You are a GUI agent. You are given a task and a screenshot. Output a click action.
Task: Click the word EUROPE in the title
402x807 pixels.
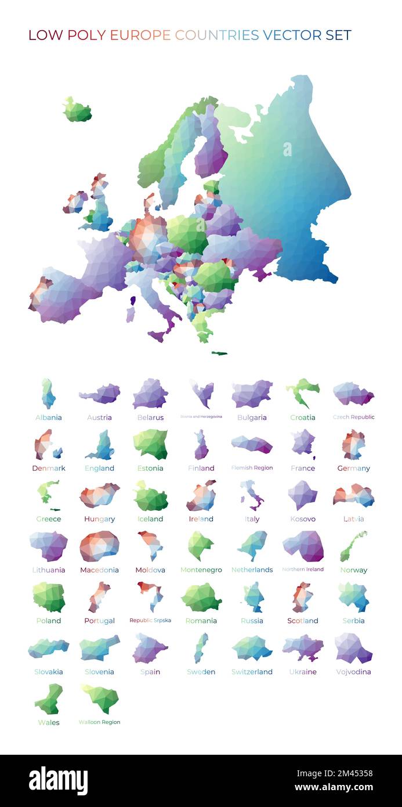[140, 35]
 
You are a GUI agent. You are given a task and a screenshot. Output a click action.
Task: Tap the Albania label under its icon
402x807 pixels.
[49, 417]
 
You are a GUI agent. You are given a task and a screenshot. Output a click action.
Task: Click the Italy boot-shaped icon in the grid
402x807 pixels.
[252, 495]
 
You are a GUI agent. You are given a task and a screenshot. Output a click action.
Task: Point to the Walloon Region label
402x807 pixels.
[100, 722]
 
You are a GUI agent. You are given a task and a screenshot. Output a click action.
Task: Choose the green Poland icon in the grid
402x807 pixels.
[49, 597]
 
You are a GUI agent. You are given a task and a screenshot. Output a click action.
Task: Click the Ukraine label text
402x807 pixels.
[303, 672]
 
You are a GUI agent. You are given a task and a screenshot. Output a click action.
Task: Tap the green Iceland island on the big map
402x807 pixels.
[77, 110]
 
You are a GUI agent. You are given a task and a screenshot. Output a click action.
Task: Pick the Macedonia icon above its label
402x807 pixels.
[99, 546]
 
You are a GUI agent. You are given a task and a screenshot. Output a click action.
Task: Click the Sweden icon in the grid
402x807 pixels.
[201, 648]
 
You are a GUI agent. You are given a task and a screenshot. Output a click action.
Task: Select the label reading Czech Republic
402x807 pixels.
[353, 417]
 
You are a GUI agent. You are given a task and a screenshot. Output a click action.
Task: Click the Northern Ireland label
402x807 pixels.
[303, 570]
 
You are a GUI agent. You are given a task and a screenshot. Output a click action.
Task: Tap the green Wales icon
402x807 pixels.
[49, 699]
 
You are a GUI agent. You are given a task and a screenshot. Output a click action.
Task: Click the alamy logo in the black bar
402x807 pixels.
[58, 780]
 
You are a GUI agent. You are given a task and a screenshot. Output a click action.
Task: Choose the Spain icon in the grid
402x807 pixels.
[150, 648]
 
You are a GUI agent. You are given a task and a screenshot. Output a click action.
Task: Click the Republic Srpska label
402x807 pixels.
[150, 621]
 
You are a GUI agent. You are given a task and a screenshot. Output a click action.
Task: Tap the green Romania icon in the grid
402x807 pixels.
[201, 597]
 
